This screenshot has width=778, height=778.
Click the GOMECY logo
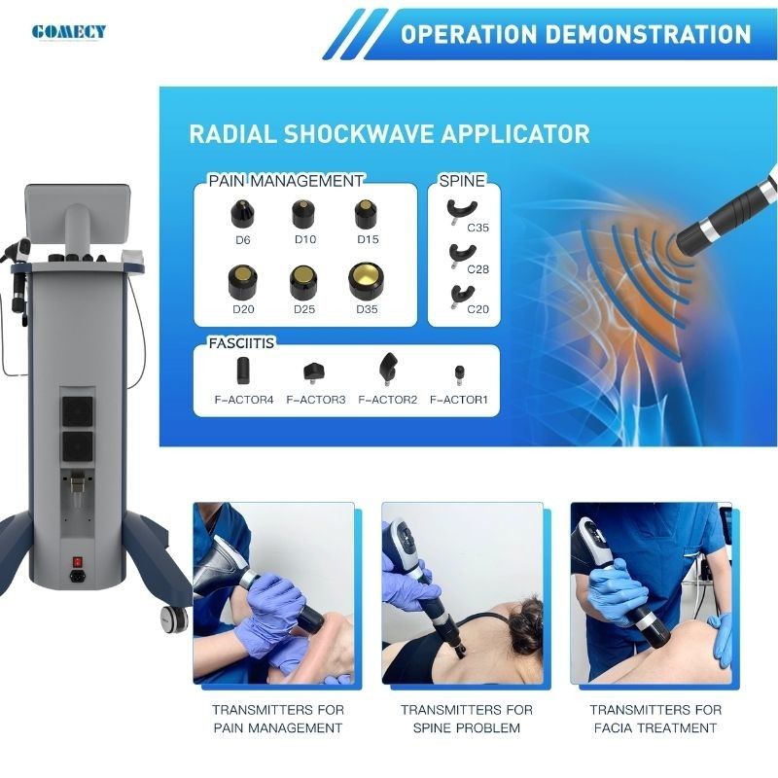pos(68,32)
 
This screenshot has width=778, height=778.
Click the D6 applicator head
pos(242,213)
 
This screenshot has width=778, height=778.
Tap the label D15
pos(368,239)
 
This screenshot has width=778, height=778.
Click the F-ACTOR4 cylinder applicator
pos(243,371)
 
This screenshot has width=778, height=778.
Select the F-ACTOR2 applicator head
pos(387,369)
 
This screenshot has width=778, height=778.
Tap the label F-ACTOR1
pos(459,400)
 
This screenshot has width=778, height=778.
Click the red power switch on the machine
pos(77,562)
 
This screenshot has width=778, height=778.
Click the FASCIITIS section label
pos(241,343)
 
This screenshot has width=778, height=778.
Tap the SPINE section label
pos(462,181)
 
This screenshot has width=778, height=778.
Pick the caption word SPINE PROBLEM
pos(467,727)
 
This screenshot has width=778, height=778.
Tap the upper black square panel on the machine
pos(78,411)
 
